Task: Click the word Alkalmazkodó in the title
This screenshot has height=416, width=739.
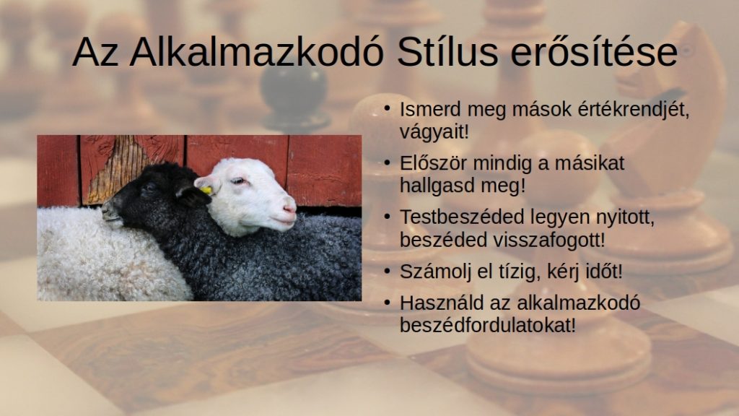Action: tap(257, 51)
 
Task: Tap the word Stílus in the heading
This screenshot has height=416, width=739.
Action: tap(447, 51)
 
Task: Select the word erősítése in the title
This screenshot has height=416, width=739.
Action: tap(594, 51)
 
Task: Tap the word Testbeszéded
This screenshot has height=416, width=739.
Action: tap(462, 217)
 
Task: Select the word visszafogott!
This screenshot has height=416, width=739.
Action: tap(548, 240)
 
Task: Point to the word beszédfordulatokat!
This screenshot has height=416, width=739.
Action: tap(488, 326)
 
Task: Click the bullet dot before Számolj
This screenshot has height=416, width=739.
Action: tap(387, 272)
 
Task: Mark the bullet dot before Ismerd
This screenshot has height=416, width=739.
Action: tap(387, 109)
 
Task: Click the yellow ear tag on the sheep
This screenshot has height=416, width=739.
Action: tap(206, 191)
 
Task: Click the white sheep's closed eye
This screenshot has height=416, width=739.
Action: tap(238, 181)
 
